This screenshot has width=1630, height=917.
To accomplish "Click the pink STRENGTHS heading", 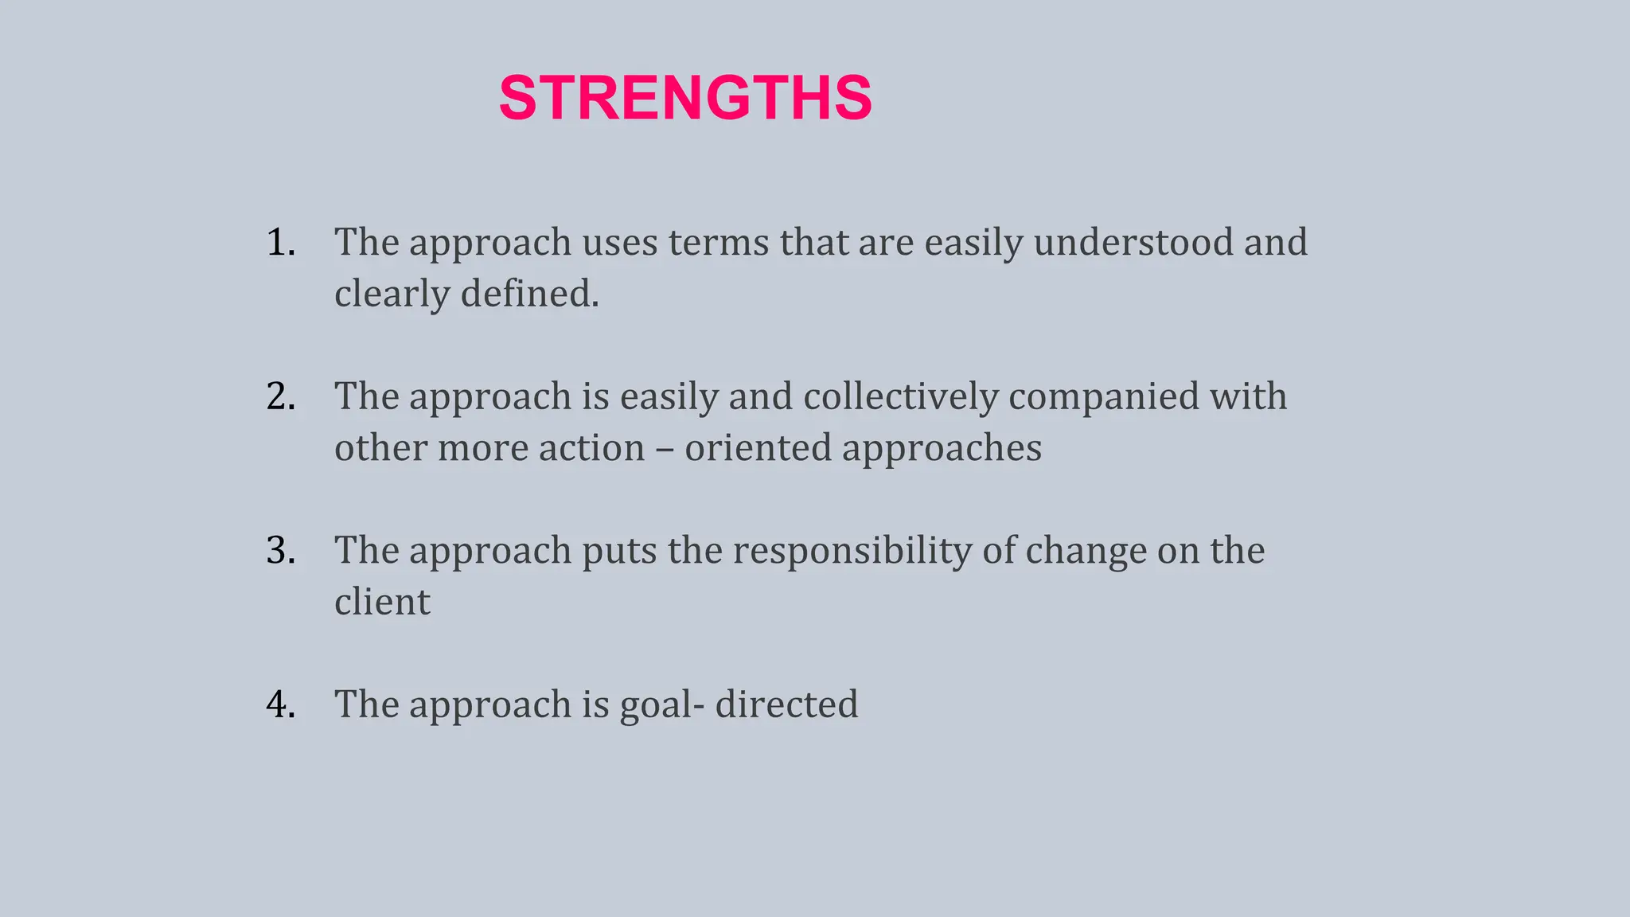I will [x=685, y=98].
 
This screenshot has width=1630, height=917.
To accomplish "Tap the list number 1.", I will [x=280, y=242].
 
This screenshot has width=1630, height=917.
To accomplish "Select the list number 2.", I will [x=280, y=396].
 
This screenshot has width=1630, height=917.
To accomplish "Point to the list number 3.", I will [x=280, y=550].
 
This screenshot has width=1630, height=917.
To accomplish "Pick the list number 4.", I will [x=280, y=704].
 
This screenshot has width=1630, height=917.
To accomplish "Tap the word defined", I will [x=529, y=294].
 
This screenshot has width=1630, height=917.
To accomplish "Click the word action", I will [x=591, y=448].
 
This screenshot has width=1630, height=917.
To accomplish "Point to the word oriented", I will [x=758, y=448].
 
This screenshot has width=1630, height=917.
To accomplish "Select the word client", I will [x=382, y=602].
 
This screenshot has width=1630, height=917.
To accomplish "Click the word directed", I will [x=786, y=704].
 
